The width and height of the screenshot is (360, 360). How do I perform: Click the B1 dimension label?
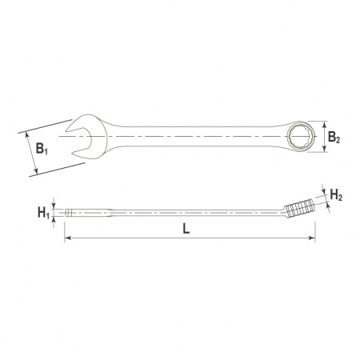tap(42, 149)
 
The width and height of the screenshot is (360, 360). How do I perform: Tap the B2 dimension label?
tap(334, 138)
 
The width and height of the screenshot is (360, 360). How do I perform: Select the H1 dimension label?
tap(43, 213)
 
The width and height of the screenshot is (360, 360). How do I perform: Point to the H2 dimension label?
tap(336, 195)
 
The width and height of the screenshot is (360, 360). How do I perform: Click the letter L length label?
tap(186, 229)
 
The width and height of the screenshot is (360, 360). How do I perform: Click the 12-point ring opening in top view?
tap(302, 137)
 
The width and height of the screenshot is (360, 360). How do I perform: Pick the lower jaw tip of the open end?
tap(72, 154)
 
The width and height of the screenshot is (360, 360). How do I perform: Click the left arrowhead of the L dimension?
tap(68, 238)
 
